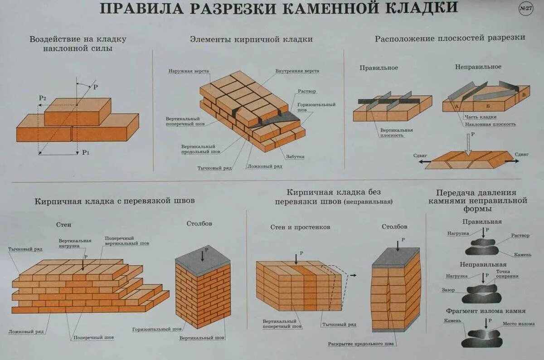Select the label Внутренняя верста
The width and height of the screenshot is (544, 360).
pyautogui.click(x=297, y=71)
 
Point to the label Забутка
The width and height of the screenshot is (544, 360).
pyautogui.click(x=295, y=157)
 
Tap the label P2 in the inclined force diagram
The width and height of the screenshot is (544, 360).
pyautogui.click(x=43, y=98)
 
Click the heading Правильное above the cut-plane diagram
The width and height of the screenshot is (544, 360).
pyautogui.click(x=379, y=68)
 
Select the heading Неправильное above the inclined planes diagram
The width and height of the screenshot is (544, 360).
pyautogui.click(x=478, y=67)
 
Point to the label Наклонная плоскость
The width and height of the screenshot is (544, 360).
pyautogui.click(x=490, y=124)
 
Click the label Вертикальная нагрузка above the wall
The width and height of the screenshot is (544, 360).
pyautogui.click(x=75, y=243)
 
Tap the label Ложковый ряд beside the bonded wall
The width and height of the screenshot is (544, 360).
pyautogui.click(x=26, y=332)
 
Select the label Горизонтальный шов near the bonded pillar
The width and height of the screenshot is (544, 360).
pyautogui.click(x=152, y=329)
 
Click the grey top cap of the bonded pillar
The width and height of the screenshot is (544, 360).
pyautogui.click(x=203, y=260)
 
